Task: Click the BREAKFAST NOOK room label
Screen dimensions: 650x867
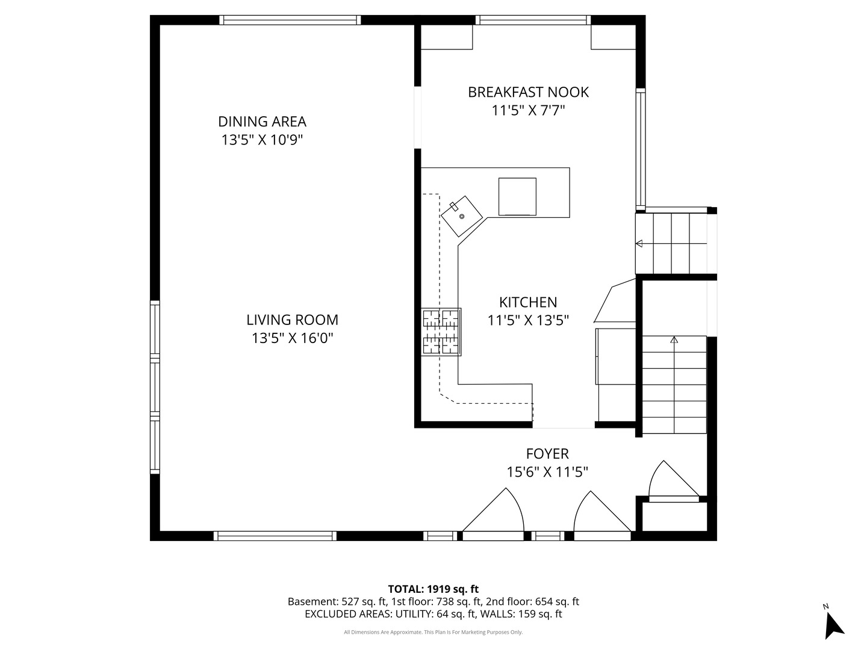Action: click(x=528, y=92)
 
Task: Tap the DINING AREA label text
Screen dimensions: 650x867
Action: click(x=262, y=122)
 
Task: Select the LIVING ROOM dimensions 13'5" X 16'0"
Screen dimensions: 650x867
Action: click(x=292, y=338)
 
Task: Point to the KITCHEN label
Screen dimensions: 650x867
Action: click(x=528, y=302)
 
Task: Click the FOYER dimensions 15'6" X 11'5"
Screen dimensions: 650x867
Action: click(x=547, y=472)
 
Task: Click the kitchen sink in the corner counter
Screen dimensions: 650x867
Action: click(x=462, y=215)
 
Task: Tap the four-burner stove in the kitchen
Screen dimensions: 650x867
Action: click(x=441, y=332)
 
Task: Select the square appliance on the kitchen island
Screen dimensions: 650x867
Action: click(x=517, y=196)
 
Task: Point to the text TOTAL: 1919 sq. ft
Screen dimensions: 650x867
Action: click(x=433, y=589)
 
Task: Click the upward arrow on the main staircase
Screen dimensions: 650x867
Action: click(x=674, y=340)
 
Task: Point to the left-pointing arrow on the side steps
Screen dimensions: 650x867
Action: click(x=639, y=244)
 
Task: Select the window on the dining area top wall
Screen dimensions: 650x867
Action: click(x=290, y=20)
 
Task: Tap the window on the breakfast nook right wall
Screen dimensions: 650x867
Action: click(x=641, y=148)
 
